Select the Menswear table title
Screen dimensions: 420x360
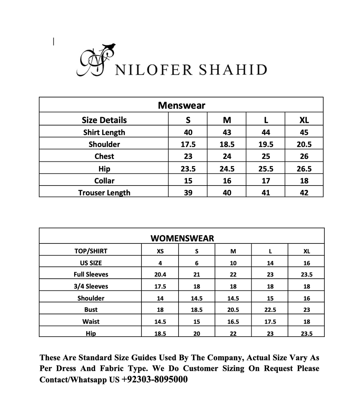click(181, 105)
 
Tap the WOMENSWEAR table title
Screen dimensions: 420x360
click(182, 238)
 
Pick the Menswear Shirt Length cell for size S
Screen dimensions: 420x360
click(188, 132)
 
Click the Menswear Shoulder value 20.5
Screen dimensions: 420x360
click(304, 144)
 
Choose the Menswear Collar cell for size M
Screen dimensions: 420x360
click(227, 181)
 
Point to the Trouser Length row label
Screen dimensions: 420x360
click(104, 193)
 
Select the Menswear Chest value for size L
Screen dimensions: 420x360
click(265, 156)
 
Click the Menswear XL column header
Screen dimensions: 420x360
click(304, 120)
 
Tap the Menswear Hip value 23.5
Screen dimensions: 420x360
click(188, 169)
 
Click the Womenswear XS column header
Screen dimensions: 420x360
click(160, 251)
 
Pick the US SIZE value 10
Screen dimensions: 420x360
click(233, 263)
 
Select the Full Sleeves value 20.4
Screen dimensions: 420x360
click(160, 274)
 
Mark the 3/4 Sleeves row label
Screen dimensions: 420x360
click(91, 286)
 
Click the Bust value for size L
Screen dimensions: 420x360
click(270, 310)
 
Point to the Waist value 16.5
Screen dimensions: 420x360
click(233, 321)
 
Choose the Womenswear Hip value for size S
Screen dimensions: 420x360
click(197, 333)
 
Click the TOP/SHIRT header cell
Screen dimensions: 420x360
click(91, 251)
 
